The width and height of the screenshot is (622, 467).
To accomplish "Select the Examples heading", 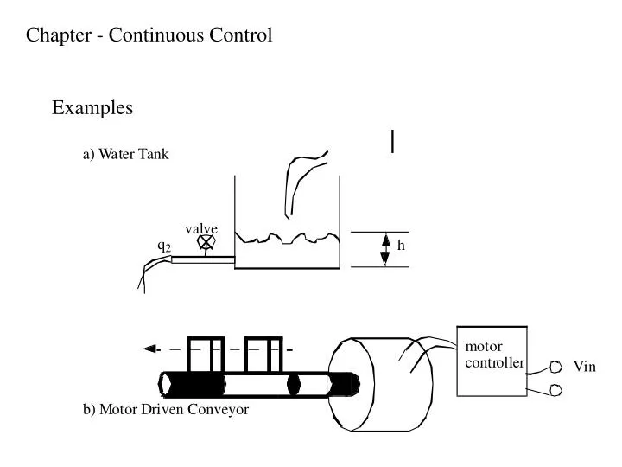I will (92, 108).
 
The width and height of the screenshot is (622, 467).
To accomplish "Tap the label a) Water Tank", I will (125, 155).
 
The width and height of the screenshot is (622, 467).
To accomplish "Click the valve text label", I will (200, 228).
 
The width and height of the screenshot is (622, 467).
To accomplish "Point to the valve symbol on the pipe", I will (206, 245).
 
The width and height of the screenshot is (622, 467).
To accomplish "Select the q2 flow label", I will (163, 246).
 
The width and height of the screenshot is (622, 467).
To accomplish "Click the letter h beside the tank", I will (401, 246).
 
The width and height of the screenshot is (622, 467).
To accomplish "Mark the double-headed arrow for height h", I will (385, 249).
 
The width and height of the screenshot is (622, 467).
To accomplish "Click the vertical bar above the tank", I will (393, 141).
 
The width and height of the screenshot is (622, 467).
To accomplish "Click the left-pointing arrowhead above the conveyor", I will (150, 349).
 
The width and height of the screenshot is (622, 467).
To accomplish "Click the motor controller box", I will (492, 361).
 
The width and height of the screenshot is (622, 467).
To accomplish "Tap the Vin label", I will (585, 368).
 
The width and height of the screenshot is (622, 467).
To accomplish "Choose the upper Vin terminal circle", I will (555, 367).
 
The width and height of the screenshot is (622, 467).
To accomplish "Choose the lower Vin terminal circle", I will (555, 391).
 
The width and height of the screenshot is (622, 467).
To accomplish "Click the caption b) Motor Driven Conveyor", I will (166, 410).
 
